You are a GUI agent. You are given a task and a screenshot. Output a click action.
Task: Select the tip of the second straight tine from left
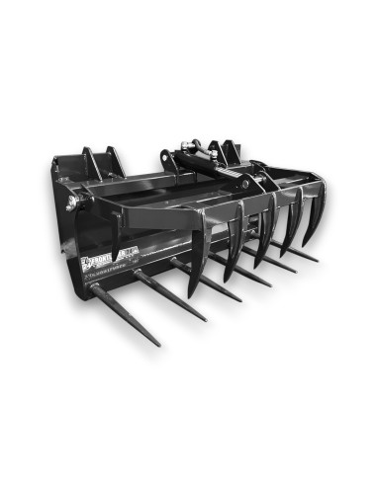206,320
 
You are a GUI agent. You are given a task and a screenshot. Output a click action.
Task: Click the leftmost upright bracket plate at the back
90,162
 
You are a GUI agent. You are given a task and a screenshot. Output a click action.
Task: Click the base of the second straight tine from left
138,275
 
